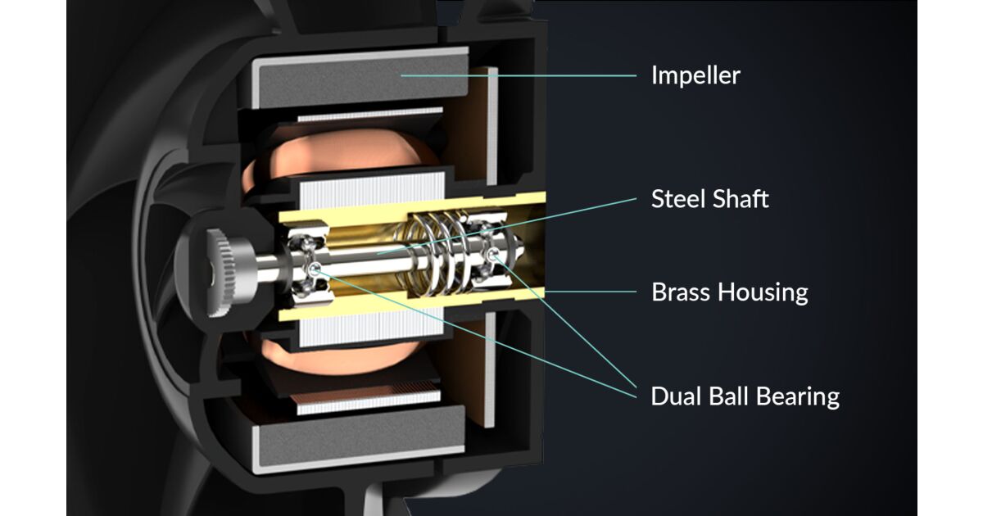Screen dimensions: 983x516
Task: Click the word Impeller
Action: coord(695,75)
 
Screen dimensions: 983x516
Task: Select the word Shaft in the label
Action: coord(741,199)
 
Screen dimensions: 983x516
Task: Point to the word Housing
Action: coord(763,293)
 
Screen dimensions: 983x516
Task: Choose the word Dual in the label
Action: coord(675,396)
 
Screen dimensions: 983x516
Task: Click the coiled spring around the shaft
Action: coord(435,252)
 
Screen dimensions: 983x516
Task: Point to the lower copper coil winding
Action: coord(337,355)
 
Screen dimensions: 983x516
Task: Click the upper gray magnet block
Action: coord(360,78)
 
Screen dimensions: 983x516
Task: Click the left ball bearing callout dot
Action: coord(315,269)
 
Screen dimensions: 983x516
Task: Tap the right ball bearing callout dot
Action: coord(493,253)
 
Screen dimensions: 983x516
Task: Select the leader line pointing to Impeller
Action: coord(519,75)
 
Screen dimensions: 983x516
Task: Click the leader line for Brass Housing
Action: coord(591,292)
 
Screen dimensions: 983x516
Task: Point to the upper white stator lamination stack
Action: coord(372,190)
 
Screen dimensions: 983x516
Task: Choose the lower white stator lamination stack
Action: coord(372,327)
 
